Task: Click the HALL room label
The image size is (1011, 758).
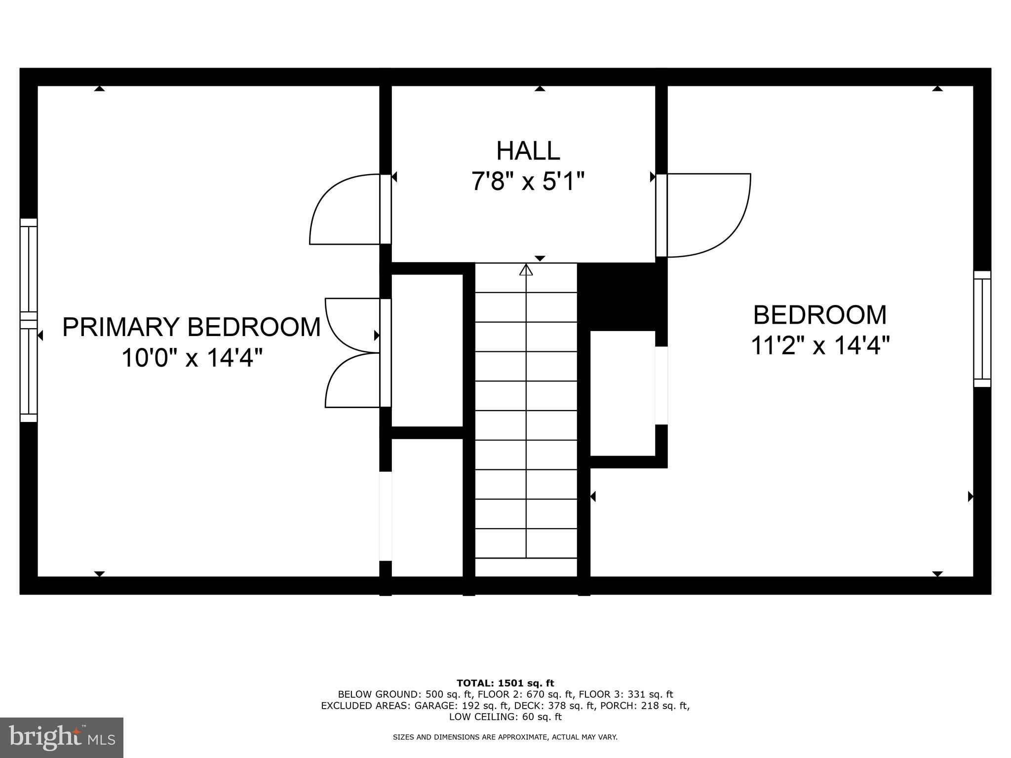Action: click(528, 151)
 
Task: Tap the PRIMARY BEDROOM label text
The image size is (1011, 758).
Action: click(192, 327)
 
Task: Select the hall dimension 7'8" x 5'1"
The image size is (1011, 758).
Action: click(528, 181)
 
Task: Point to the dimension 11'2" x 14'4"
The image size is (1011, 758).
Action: click(820, 345)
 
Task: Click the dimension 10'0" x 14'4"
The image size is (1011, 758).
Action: click(192, 357)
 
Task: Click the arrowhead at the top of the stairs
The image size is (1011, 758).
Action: click(526, 269)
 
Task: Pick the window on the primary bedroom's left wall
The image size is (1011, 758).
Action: click(29, 320)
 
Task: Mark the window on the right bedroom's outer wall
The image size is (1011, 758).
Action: click(982, 329)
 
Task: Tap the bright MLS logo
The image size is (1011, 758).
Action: click(62, 738)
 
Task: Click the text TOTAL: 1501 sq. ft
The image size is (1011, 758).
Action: click(505, 683)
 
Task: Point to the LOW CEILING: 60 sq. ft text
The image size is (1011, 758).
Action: click(505, 717)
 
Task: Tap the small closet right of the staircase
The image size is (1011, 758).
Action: click(622, 393)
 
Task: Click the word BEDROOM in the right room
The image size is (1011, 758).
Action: click(820, 315)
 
